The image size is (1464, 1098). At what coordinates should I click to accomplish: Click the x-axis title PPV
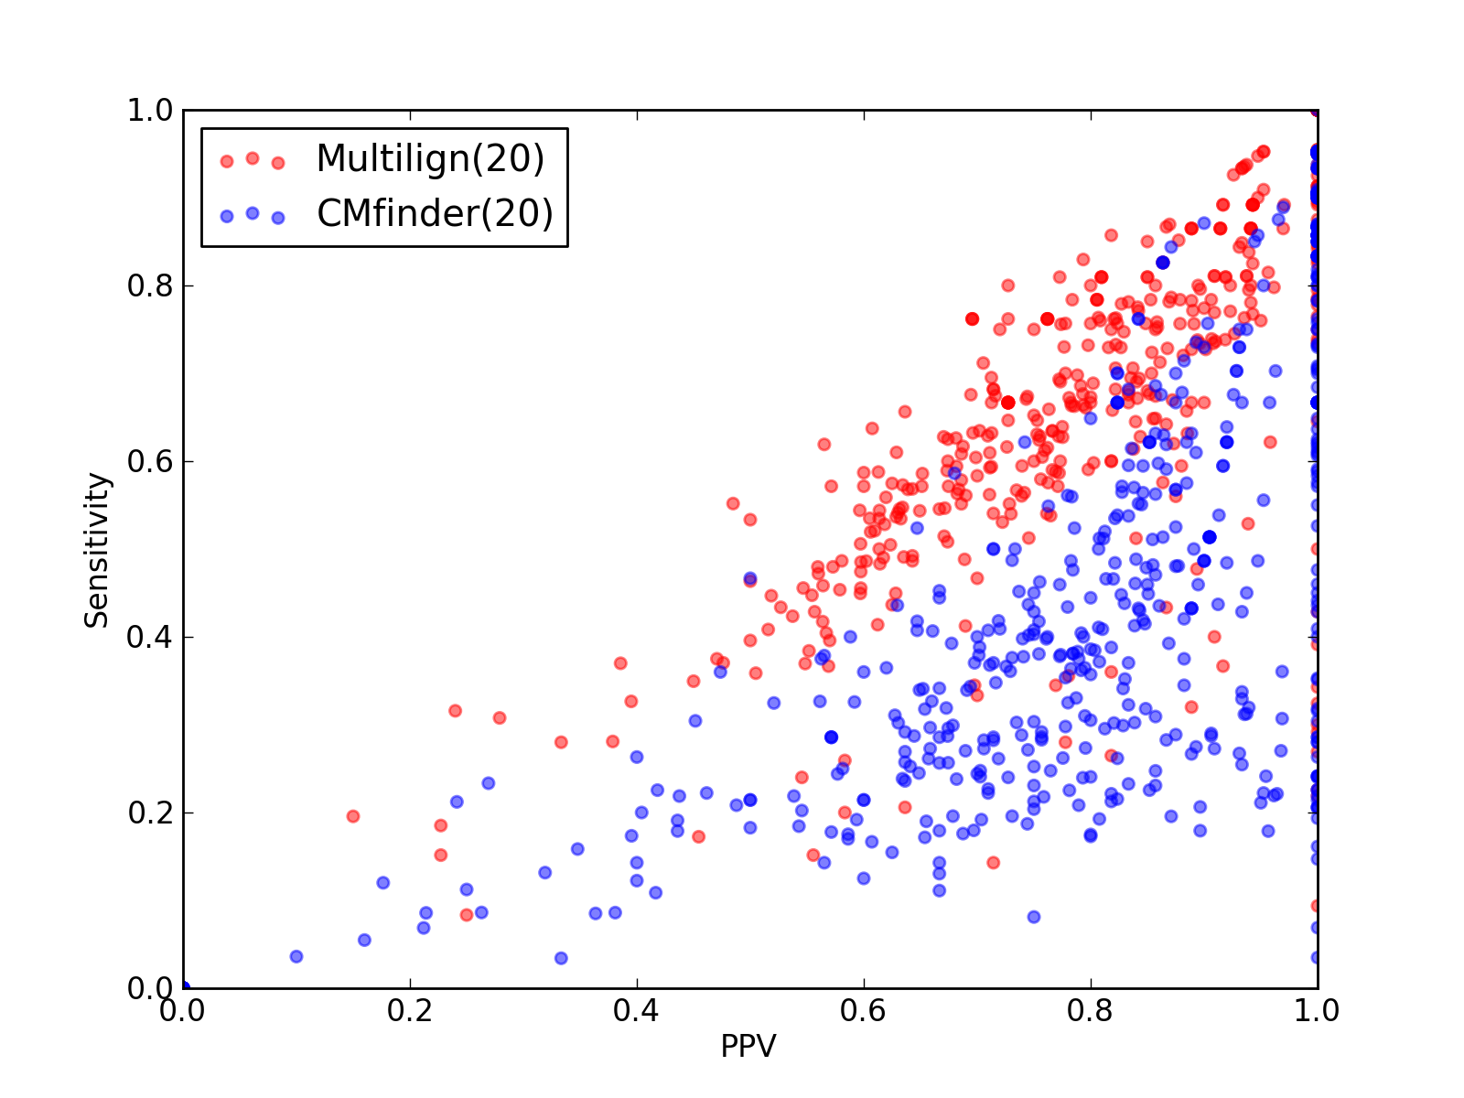point(748,1046)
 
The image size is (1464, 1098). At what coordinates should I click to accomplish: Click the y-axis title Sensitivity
point(97,550)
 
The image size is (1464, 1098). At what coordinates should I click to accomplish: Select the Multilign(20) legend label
point(430,159)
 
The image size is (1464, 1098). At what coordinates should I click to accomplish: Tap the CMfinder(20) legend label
point(435,214)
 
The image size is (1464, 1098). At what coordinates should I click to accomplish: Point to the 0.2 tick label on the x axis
point(410,1011)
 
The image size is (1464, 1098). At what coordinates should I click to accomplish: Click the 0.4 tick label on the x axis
point(636,1011)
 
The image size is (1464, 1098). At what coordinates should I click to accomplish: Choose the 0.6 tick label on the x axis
point(863,1011)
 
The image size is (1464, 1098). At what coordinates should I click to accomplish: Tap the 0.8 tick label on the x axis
point(1090,1011)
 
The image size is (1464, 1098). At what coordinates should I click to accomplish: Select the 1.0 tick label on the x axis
point(1317,1011)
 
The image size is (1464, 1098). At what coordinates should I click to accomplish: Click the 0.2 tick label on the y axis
point(150,813)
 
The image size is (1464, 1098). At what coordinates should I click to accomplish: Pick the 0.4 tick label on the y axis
point(150,638)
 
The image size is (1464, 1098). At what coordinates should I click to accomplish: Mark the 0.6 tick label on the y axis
point(150,461)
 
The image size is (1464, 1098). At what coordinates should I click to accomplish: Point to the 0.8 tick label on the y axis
point(150,286)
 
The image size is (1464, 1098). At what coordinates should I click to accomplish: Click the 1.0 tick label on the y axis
point(150,110)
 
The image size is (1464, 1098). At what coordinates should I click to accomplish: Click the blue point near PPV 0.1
point(296,957)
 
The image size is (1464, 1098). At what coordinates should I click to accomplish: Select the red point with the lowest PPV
point(353,816)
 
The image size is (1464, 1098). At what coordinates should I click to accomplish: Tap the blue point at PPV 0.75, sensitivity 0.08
point(1034,917)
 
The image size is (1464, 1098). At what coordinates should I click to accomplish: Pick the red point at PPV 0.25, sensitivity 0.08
point(467,915)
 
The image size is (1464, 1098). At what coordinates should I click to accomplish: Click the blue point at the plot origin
point(185,986)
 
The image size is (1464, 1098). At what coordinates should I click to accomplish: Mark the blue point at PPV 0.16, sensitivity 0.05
point(365,940)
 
